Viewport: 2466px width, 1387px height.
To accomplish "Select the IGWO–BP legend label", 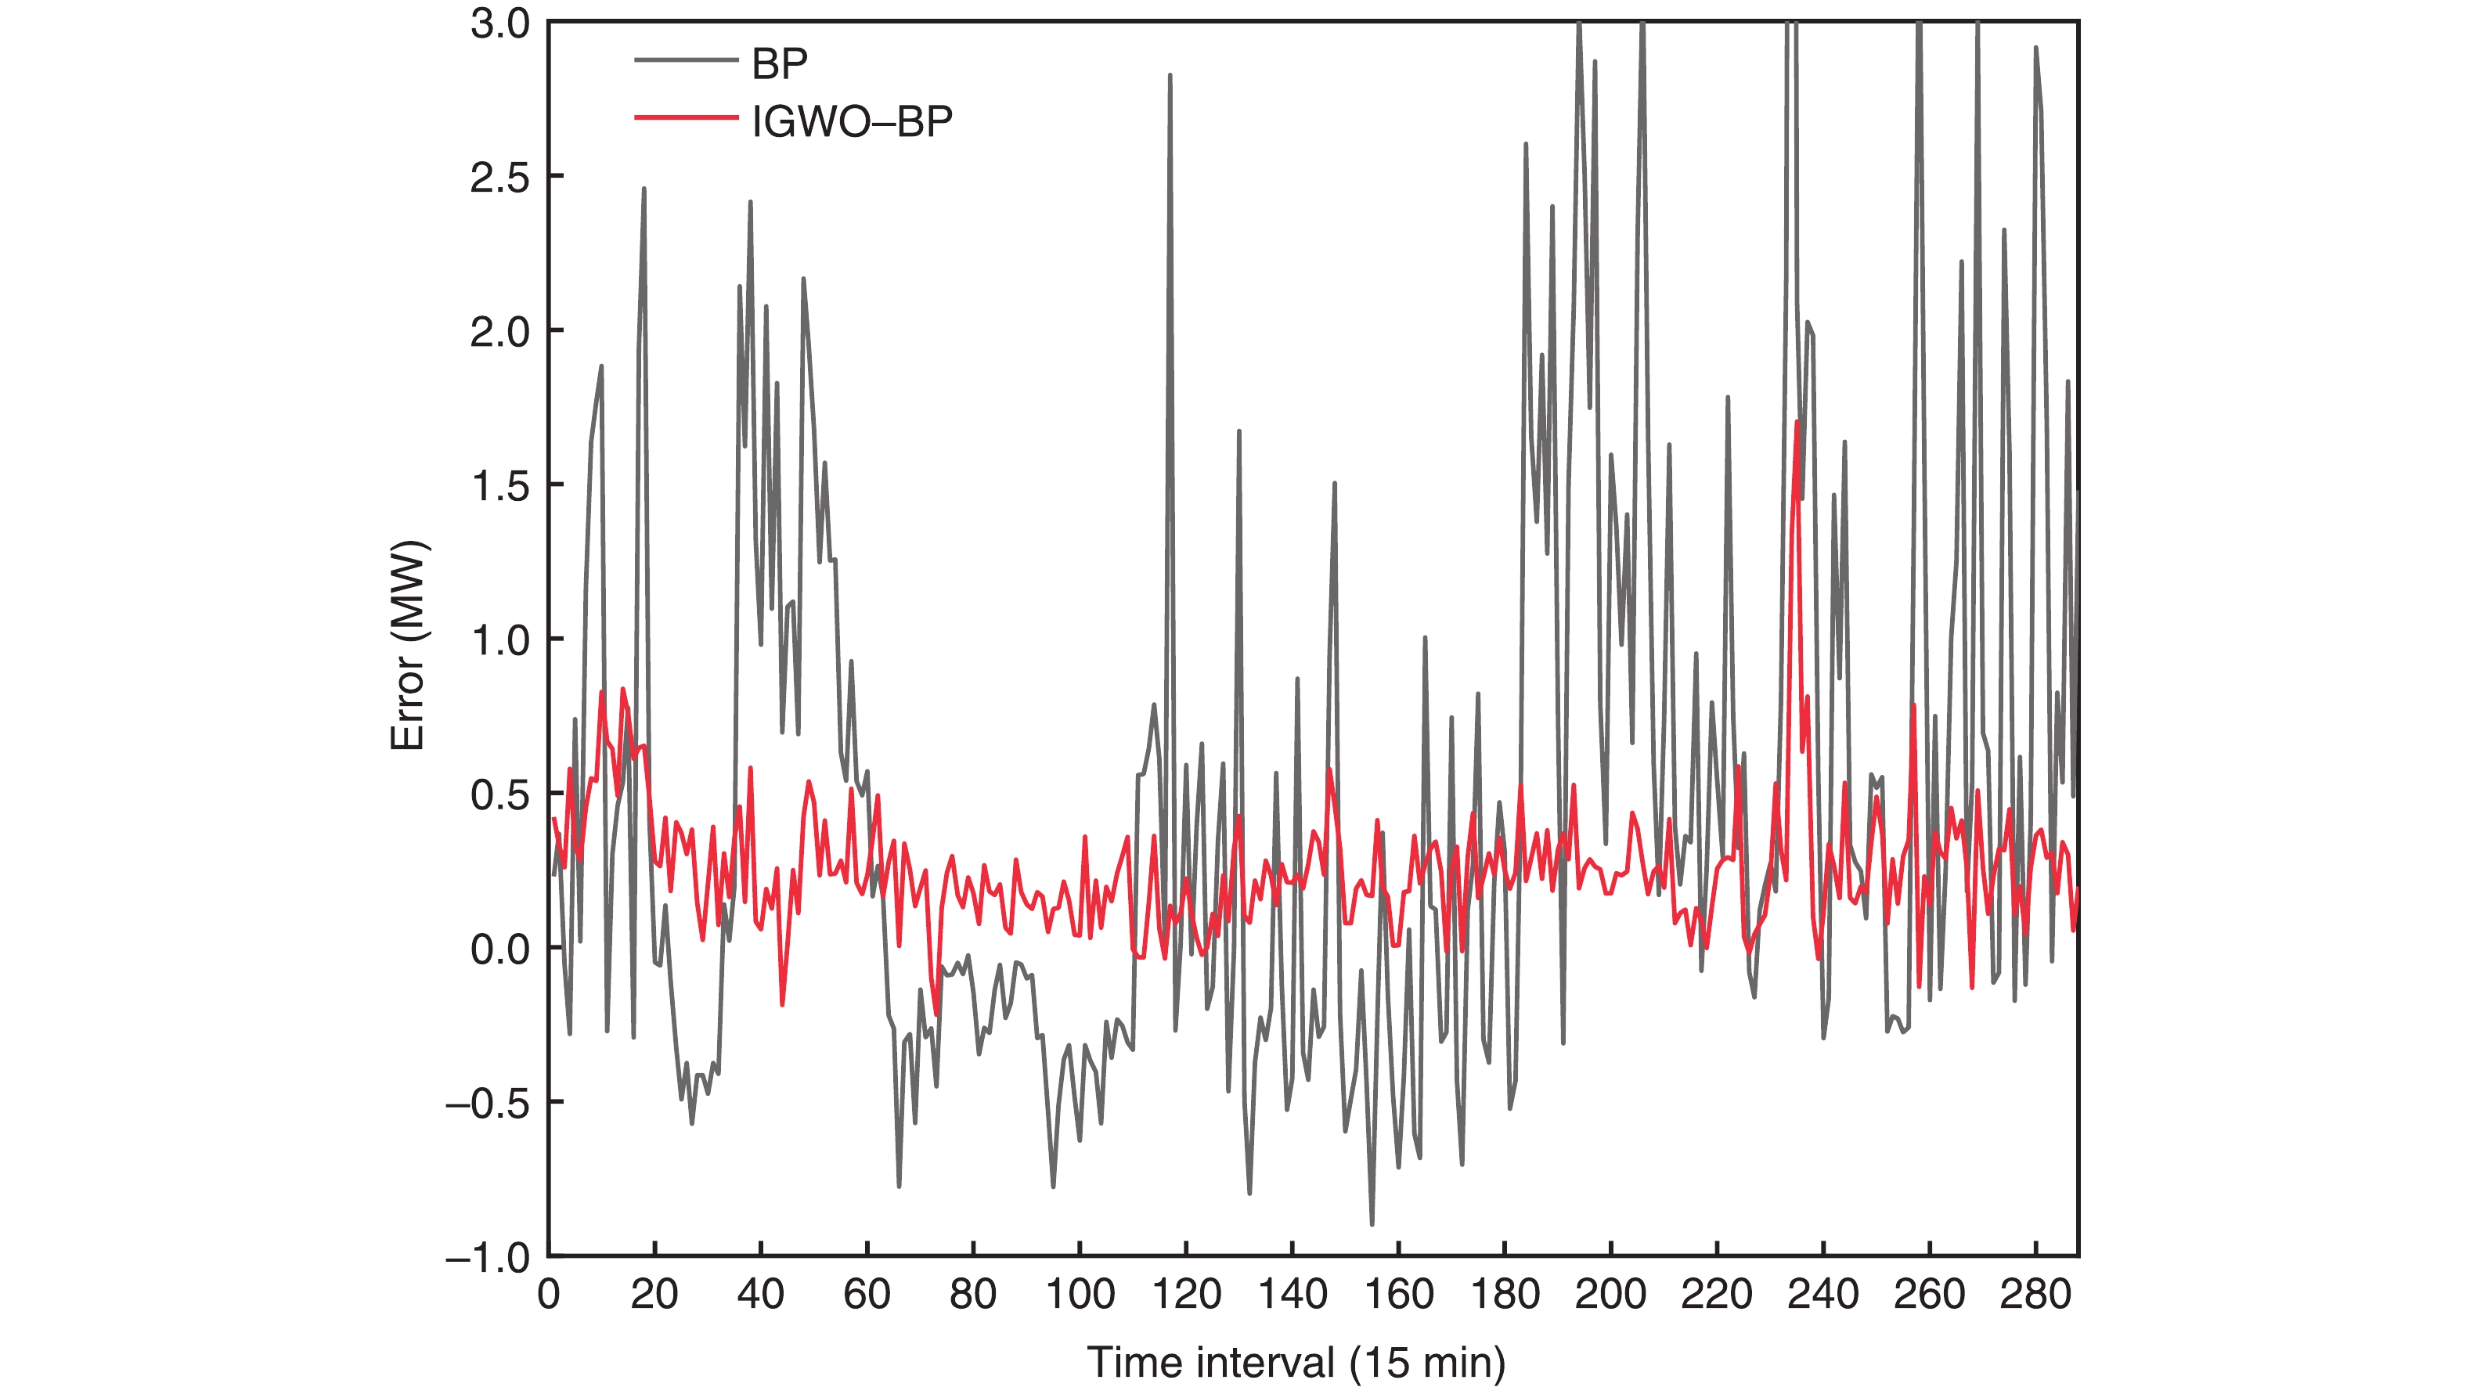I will point(852,121).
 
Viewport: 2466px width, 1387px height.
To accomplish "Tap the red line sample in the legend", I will point(686,117).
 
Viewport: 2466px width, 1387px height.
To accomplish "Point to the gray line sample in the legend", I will point(686,60).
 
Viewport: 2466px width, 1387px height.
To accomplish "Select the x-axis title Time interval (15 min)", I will point(1296,1361).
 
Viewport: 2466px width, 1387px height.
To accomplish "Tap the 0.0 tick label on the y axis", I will point(499,949).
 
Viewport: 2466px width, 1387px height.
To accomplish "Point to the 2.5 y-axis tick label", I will point(499,178).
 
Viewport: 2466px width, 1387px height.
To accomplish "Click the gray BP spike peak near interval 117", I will point(1170,74).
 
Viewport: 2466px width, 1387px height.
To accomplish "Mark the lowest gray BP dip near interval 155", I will point(1372,1223).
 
